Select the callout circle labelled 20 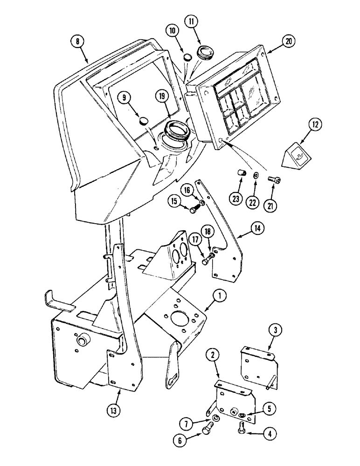pyautogui.click(x=289, y=41)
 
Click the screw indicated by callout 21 pyautogui.click(x=273, y=178)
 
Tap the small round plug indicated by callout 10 pyautogui.click(x=187, y=57)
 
